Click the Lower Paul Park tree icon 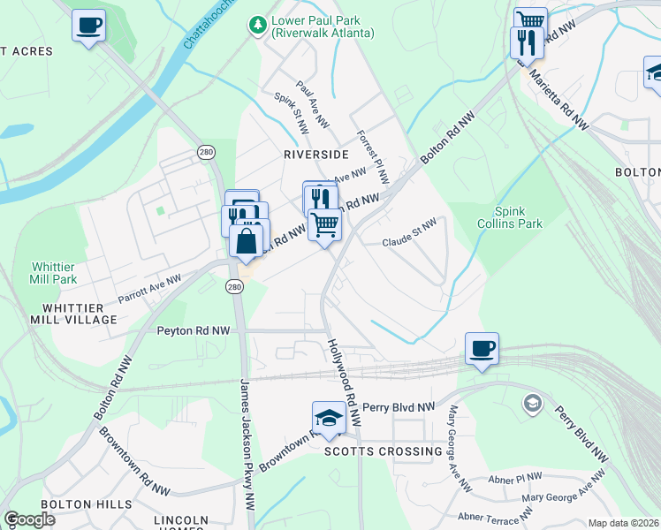pos(257,25)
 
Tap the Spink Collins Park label pos(517,218)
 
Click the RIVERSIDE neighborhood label pos(316,154)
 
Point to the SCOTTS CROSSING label pos(383,451)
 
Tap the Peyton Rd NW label pos(194,330)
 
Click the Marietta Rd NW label pos(558,97)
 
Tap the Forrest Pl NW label pos(372,157)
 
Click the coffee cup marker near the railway pos(482,349)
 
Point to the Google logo pos(30,519)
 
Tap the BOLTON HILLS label pos(86,504)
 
